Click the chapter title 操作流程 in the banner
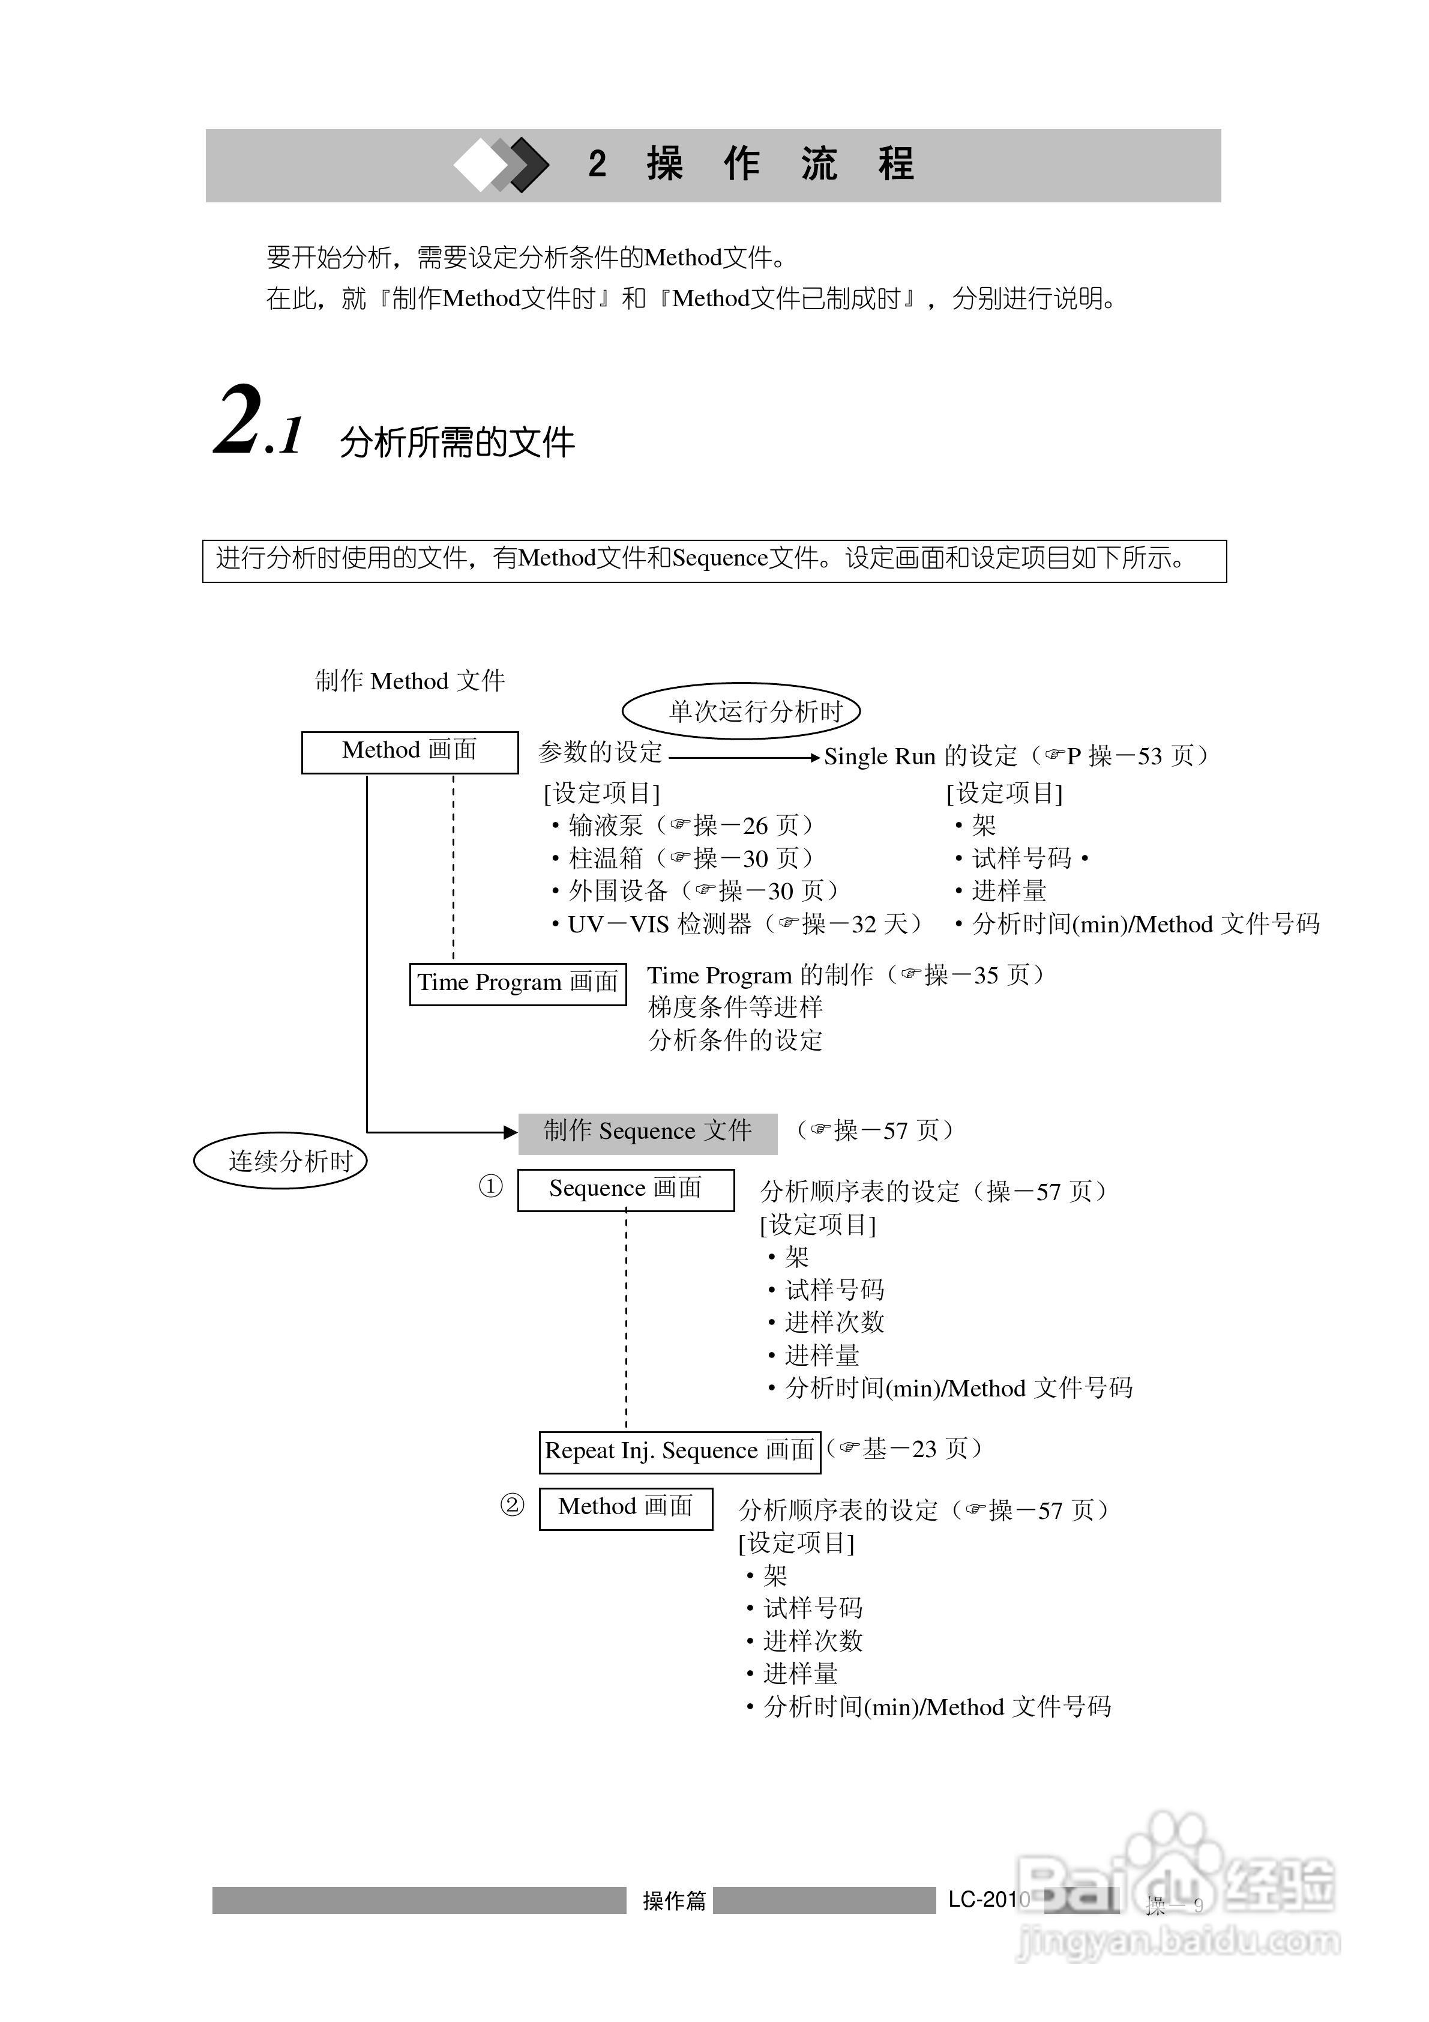(780, 164)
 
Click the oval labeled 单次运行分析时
(741, 711)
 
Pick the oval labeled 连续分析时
(281, 1160)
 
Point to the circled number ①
(490, 1187)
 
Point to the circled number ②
(513, 1505)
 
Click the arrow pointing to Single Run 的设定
(745, 758)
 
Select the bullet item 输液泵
(606, 826)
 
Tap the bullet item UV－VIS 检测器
(660, 925)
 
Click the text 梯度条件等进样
(735, 1007)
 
